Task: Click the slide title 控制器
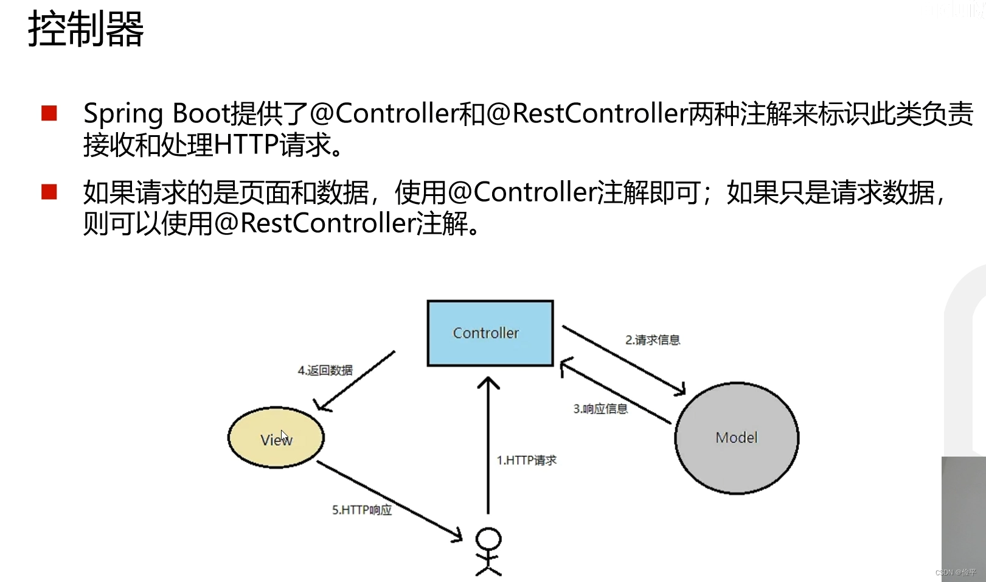[x=86, y=29]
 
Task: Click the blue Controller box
[x=490, y=333]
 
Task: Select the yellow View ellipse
[x=276, y=438]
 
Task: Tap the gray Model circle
[x=736, y=438]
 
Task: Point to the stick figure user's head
[x=488, y=539]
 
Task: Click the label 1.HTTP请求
[x=526, y=460]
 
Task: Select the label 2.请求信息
[x=652, y=340]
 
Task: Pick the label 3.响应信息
[x=600, y=408]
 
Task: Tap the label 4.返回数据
[x=325, y=370]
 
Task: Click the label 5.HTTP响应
[x=362, y=510]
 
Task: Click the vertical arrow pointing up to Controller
[x=488, y=444]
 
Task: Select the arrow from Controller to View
[x=356, y=380]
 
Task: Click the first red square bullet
[x=49, y=113]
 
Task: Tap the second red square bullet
[x=49, y=192]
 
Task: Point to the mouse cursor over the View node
[x=284, y=436]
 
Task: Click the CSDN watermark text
[x=955, y=572]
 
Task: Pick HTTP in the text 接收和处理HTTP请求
[x=246, y=145]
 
